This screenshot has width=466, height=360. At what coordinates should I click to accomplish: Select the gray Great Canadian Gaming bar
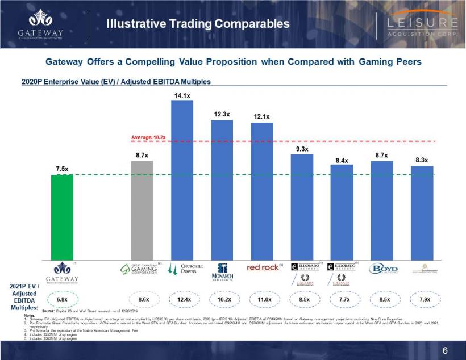click(x=142, y=210)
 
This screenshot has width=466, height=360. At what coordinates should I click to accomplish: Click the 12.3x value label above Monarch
click(x=222, y=114)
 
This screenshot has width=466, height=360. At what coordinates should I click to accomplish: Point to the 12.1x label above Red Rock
click(x=261, y=116)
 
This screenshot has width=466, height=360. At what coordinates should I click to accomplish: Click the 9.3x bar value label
click(x=302, y=149)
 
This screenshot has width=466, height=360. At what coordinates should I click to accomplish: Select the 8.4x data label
click(x=342, y=160)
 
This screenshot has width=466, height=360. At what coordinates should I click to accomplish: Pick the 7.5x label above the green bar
click(x=62, y=169)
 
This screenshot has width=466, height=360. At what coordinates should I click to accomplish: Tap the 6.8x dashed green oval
click(x=62, y=299)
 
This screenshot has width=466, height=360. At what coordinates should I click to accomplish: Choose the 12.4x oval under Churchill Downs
click(x=183, y=299)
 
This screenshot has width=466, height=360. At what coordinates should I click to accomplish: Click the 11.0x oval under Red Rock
click(x=263, y=299)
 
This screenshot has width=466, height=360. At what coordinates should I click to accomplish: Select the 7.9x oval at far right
click(x=422, y=299)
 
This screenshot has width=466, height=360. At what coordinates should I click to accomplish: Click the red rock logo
click(x=263, y=267)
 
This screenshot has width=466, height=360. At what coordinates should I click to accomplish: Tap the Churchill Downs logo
click(x=183, y=269)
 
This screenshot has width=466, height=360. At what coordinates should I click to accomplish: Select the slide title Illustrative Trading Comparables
click(x=198, y=24)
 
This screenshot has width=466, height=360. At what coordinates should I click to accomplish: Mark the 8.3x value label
click(x=422, y=160)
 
